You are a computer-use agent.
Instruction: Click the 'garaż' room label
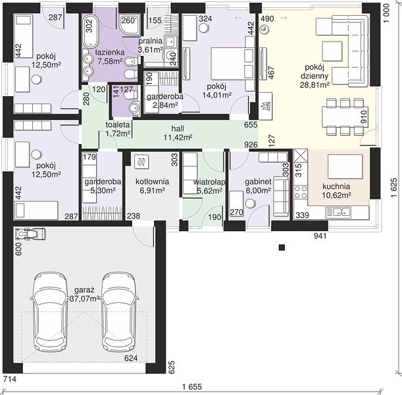(x=84, y=290)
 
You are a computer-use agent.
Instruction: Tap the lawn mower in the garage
(x=30, y=234)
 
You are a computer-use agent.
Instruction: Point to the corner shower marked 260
(x=130, y=25)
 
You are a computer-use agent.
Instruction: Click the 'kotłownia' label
(x=152, y=182)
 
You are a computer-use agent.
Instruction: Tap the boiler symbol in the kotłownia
(x=141, y=162)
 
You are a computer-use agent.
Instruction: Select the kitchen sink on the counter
(x=338, y=212)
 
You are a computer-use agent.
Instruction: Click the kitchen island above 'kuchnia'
(x=345, y=166)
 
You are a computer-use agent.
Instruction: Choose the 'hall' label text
(x=178, y=128)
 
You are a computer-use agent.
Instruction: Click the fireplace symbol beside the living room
(x=265, y=106)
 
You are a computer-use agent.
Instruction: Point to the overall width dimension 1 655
(x=192, y=386)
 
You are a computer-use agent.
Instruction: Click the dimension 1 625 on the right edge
(x=394, y=188)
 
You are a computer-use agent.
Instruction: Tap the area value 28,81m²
(x=314, y=85)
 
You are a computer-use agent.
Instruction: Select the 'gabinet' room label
(x=258, y=182)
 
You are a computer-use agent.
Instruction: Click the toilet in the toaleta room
(x=131, y=95)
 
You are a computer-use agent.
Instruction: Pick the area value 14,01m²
(x=217, y=95)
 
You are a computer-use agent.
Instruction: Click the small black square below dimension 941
(x=282, y=248)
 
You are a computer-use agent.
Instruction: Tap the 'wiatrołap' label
(x=209, y=182)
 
